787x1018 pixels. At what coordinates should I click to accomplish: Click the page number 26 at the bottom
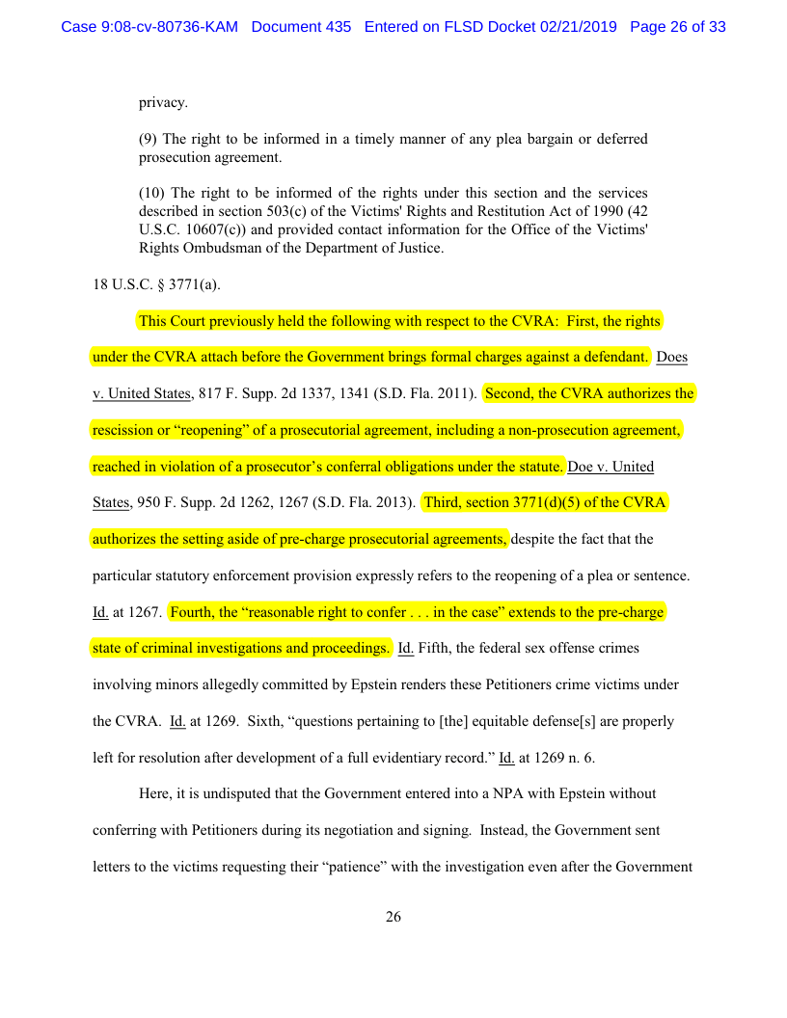(393, 917)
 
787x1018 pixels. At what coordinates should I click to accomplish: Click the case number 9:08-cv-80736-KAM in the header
(149, 27)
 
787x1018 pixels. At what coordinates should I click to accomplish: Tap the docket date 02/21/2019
(578, 27)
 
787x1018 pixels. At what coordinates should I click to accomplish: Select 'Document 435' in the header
(301, 27)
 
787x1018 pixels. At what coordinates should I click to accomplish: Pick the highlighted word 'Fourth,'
(197, 612)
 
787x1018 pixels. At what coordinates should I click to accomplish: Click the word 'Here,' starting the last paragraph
(156, 793)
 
